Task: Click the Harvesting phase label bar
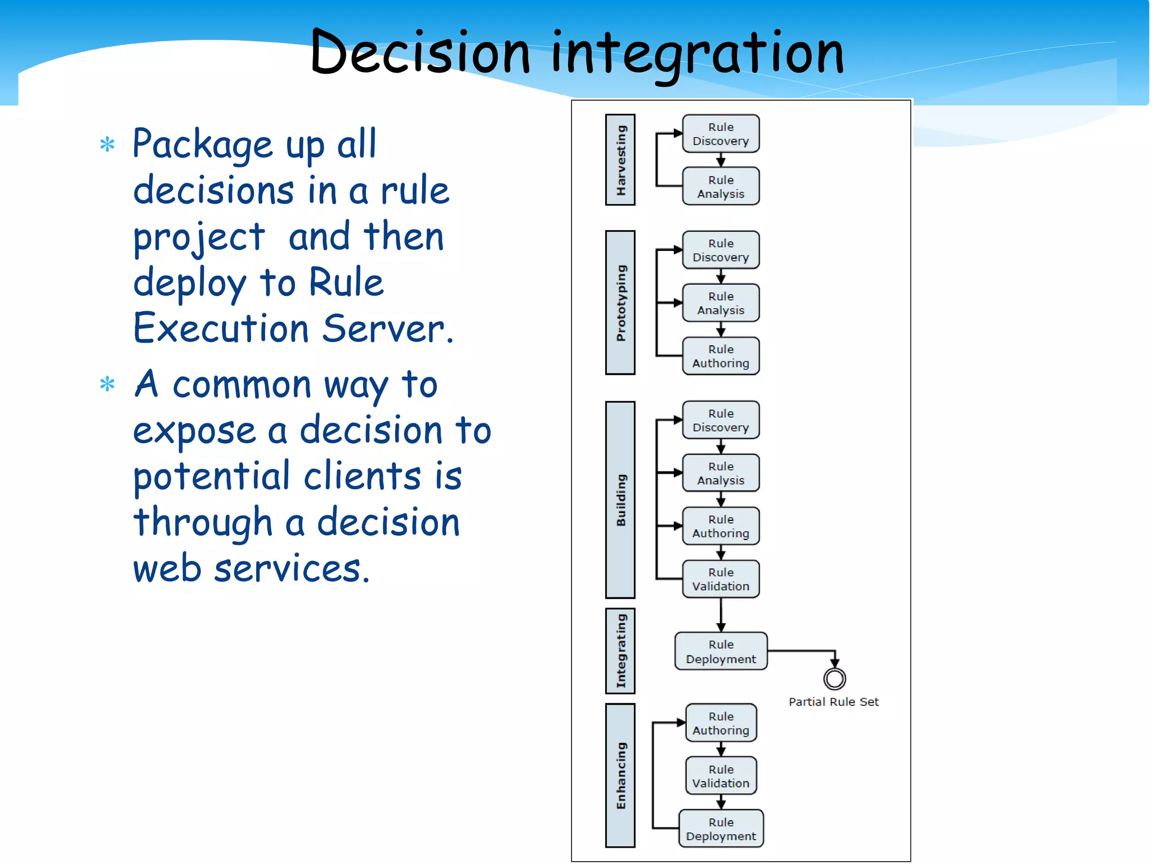(620, 160)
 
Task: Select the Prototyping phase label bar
(620, 303)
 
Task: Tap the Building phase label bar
(620, 499)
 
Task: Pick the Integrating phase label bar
(620, 651)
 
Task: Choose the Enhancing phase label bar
(620, 775)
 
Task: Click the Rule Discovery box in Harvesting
(721, 134)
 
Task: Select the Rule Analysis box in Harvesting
(721, 187)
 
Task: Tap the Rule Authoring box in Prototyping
(721, 356)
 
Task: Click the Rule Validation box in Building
(721, 579)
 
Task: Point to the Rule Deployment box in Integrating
(721, 651)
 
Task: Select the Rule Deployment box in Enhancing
(721, 829)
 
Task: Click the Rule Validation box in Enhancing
(721, 776)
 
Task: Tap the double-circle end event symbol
(834, 679)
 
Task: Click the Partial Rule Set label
(833, 701)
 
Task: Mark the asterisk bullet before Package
(107, 145)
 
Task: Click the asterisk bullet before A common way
(107, 385)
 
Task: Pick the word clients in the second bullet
(363, 476)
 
